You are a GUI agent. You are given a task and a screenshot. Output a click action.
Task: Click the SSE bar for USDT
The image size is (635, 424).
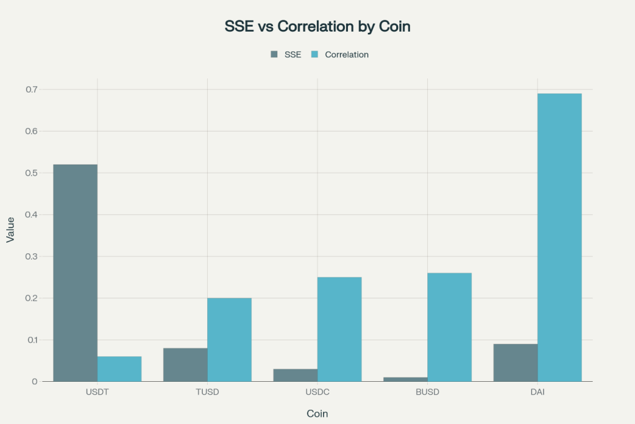pyautogui.click(x=75, y=273)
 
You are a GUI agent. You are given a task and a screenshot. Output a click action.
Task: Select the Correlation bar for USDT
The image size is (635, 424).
pyautogui.click(x=119, y=369)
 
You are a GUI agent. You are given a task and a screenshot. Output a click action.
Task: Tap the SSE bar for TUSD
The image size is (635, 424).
pyautogui.click(x=185, y=364)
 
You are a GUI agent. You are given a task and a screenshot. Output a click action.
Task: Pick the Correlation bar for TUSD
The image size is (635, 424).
pyautogui.click(x=229, y=340)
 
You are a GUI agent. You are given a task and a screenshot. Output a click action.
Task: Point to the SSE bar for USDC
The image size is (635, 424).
pyautogui.click(x=295, y=375)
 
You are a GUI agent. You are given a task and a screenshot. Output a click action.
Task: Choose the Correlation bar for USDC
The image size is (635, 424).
pyautogui.click(x=339, y=329)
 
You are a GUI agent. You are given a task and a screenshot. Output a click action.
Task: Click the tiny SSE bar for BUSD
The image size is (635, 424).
pyautogui.click(x=406, y=379)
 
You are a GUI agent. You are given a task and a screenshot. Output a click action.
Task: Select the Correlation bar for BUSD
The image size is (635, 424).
pyautogui.click(x=450, y=327)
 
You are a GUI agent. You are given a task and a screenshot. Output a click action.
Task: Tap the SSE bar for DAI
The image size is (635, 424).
pyautogui.click(x=515, y=363)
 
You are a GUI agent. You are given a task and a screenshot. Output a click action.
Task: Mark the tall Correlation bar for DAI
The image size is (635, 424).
pyautogui.click(x=559, y=237)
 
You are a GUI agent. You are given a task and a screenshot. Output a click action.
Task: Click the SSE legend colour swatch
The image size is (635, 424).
pyautogui.click(x=274, y=55)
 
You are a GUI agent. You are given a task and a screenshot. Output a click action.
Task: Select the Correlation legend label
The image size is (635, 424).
pyautogui.click(x=347, y=55)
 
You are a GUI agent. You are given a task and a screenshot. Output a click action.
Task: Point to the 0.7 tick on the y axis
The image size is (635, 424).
pyautogui.click(x=32, y=89)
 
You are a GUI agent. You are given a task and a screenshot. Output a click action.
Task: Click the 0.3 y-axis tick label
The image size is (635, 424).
pyautogui.click(x=32, y=256)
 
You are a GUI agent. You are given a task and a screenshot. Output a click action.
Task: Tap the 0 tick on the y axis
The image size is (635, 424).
pyautogui.click(x=35, y=382)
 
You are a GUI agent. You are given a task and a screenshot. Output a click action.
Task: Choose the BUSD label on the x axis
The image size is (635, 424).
pyautogui.click(x=427, y=392)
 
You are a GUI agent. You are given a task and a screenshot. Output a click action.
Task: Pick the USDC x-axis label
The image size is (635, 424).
pyautogui.click(x=317, y=392)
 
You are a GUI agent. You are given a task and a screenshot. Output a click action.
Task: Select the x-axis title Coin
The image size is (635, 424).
pyautogui.click(x=317, y=413)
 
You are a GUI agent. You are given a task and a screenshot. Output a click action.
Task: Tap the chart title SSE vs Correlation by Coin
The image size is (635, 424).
pyautogui.click(x=317, y=27)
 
